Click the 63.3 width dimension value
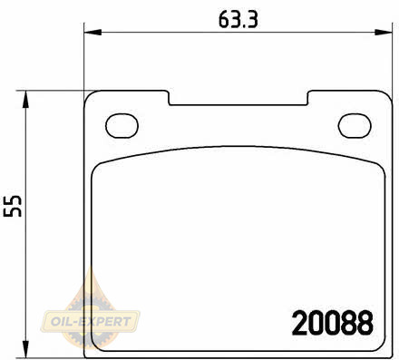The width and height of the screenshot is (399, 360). [x=238, y=19]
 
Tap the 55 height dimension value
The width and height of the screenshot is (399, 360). [x=13, y=206]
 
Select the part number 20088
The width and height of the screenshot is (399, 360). [x=333, y=323]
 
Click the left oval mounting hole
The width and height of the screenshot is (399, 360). [x=122, y=126]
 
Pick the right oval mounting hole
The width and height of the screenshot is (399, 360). [x=355, y=126]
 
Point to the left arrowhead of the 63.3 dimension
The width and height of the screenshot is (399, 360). [x=92, y=32]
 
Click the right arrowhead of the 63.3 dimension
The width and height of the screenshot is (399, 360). [x=384, y=32]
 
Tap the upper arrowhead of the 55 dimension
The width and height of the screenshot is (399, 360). [x=26, y=100]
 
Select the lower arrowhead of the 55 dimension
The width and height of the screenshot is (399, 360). [x=26, y=349]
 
